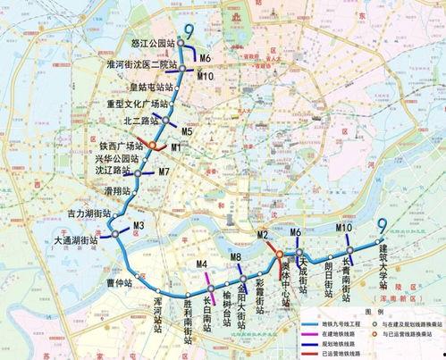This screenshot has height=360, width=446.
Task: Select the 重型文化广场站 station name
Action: point(138,105)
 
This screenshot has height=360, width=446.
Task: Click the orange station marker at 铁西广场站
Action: point(152,146)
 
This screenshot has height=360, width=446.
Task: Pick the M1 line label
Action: point(176,146)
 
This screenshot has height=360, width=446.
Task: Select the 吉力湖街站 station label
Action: point(88,214)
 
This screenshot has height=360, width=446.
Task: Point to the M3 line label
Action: point(139,224)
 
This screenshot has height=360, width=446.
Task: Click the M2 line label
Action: point(264,234)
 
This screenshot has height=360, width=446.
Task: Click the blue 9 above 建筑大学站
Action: point(382,225)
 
